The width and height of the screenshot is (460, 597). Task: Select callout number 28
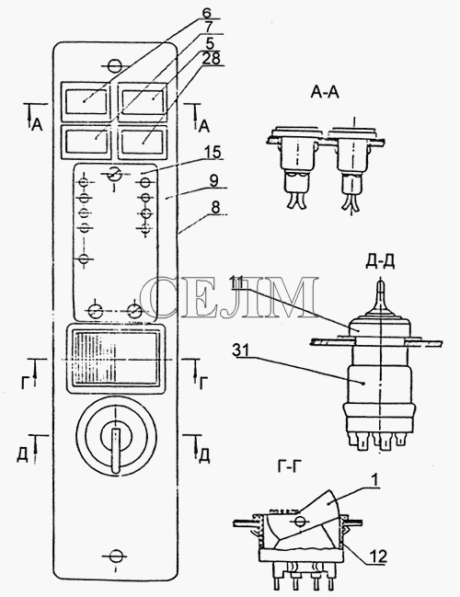coord(211,59)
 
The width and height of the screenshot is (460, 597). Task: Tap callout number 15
coord(213,152)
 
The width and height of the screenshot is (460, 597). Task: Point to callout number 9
coord(214,181)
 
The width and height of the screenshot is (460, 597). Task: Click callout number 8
coord(215,208)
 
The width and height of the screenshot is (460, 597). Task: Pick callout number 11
coord(237,283)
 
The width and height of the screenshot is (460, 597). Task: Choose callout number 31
coord(240,351)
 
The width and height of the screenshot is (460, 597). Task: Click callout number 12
coord(378,557)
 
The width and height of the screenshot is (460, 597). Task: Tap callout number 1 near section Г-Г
coord(375,480)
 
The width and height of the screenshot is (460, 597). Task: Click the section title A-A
coord(325,93)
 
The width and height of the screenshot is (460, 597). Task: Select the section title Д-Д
coord(380,262)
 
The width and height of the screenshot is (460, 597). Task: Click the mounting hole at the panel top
coord(114,65)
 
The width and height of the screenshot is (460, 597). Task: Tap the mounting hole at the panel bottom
coord(114,557)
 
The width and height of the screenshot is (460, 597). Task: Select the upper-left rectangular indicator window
coord(86,101)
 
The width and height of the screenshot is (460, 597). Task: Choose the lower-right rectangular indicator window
coord(144,142)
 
